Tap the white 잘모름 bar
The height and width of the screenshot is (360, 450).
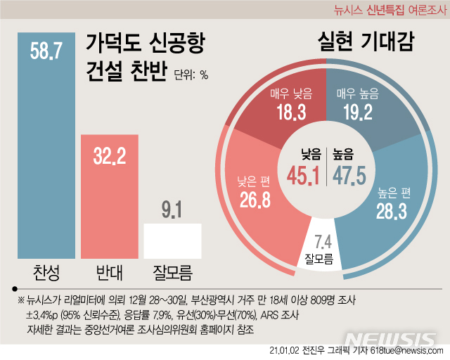point(172,240)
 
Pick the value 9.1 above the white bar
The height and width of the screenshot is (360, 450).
point(172,209)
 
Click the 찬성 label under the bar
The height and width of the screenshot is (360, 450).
point(44,273)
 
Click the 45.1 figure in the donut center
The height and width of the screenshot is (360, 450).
point(304,172)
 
